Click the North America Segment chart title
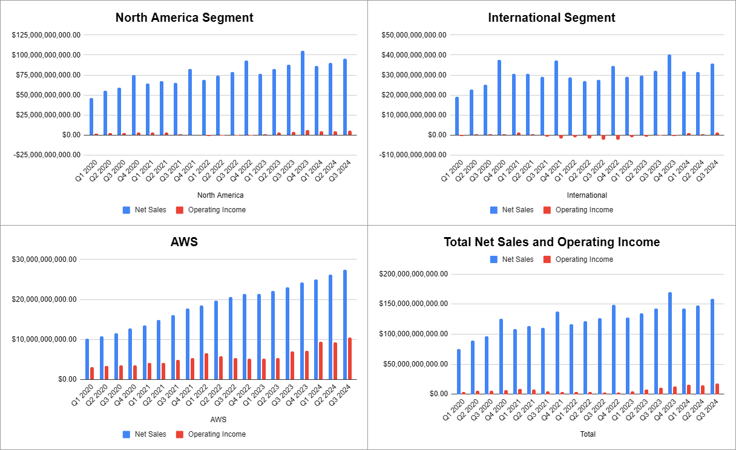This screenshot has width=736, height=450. click(184, 18)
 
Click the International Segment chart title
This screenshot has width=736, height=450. click(551, 18)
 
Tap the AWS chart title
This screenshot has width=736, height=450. click(184, 243)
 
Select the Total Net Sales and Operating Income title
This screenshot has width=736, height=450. click(551, 243)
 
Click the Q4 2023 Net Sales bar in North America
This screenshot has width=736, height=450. click(303, 94)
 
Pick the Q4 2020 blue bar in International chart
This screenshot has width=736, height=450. click(499, 98)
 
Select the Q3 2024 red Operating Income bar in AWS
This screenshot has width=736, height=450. click(349, 359)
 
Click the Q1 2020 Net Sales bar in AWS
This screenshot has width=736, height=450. click(87, 359)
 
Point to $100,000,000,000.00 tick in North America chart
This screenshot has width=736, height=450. click(46, 55)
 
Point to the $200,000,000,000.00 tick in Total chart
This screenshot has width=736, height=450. click(413, 274)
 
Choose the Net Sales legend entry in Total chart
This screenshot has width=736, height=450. click(511, 259)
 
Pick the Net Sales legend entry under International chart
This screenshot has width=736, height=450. click(511, 210)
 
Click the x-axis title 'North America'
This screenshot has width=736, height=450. click(220, 195)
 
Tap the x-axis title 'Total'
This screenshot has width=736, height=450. click(588, 434)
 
